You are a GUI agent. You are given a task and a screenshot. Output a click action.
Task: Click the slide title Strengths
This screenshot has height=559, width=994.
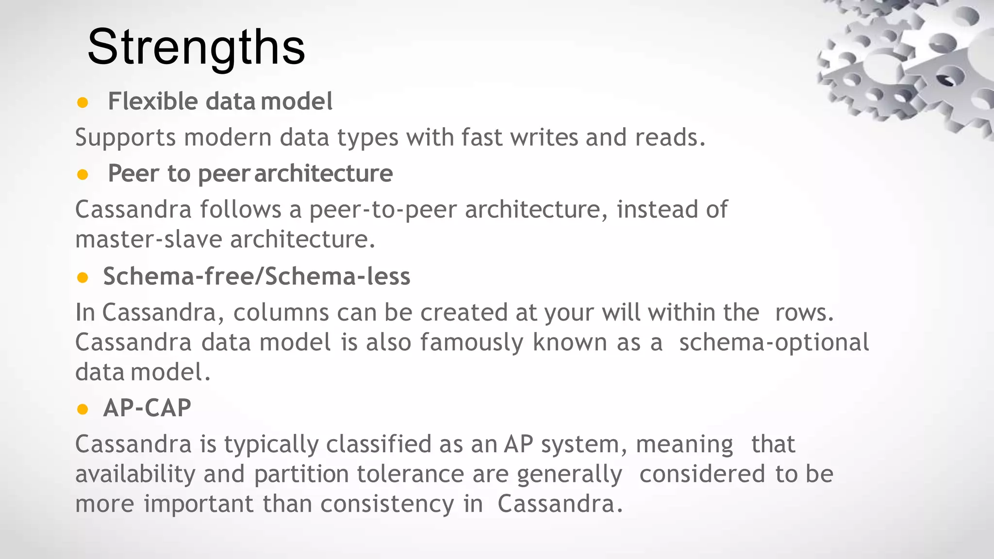pos(196,47)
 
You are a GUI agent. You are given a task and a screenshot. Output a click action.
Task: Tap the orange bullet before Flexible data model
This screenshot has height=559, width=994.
pos(83,102)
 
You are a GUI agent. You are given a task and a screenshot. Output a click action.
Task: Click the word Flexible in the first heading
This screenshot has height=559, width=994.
pos(153,101)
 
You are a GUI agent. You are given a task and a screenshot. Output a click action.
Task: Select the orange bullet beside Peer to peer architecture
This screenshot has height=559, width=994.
pos(83,174)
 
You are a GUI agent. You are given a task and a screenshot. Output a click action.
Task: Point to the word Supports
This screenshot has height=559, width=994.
pos(125,138)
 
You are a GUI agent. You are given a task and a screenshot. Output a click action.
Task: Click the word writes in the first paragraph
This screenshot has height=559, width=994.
pos(544,137)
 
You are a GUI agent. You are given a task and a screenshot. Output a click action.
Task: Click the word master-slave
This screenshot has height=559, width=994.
pos(149,239)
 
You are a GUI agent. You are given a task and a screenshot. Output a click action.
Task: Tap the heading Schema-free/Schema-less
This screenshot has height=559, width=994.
pos(257,277)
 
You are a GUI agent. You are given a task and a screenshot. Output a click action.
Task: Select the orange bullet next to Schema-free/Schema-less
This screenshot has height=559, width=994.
pos(83,278)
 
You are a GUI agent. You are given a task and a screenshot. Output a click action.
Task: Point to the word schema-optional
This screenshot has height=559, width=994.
pos(774,343)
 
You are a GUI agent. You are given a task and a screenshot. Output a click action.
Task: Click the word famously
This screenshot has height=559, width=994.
pos(472,343)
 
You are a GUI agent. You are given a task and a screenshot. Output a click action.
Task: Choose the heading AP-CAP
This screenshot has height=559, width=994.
pos(147,408)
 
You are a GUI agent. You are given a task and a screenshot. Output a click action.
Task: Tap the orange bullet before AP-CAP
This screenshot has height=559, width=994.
pos(83,409)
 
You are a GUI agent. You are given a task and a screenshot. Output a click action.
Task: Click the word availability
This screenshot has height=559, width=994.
pos(135,474)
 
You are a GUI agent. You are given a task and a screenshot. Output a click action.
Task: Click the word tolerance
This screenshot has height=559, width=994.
pos(410,474)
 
